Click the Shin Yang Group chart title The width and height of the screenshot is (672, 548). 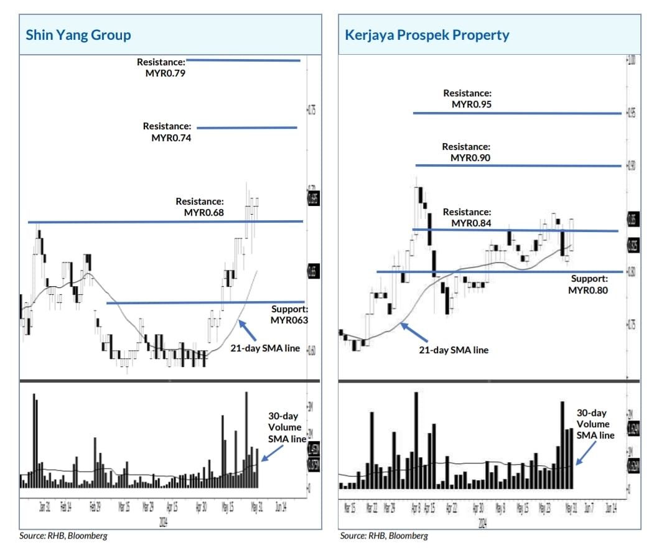pos(78,35)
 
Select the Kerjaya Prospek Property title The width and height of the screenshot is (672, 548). pos(427,35)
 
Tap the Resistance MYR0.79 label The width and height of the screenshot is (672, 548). pos(161,67)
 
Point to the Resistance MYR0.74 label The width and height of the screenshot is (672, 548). pos(167,132)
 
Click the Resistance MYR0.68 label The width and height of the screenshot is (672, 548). pos(200,207)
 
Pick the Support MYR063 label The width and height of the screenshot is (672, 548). pos(289,315)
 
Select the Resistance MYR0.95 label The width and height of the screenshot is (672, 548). pos(467,99)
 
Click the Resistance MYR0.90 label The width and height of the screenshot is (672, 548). pos(467,152)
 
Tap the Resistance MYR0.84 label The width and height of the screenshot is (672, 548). pos(467,218)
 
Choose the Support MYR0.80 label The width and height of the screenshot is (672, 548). pos(589,284)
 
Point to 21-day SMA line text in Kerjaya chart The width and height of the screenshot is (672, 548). pos(454,350)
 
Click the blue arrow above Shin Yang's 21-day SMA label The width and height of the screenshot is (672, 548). pos(248,330)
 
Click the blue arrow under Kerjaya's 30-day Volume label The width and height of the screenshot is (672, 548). pos(585,453)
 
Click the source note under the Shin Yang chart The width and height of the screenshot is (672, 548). pos(58,536)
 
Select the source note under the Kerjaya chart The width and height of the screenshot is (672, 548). pos(384,536)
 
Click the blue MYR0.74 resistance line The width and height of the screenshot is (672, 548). pos(247,128)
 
